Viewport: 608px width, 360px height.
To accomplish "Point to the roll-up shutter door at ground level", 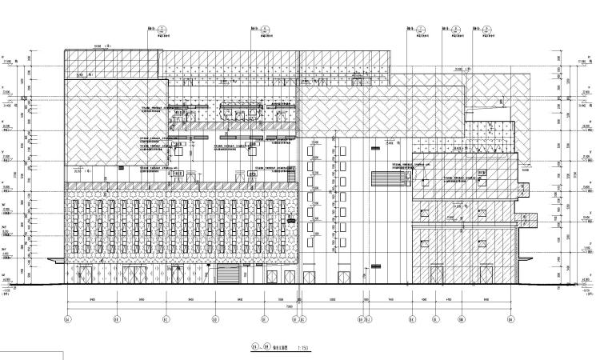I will click(x=227, y=274).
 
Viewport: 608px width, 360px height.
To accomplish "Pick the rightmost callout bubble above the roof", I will click(x=486, y=29).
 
